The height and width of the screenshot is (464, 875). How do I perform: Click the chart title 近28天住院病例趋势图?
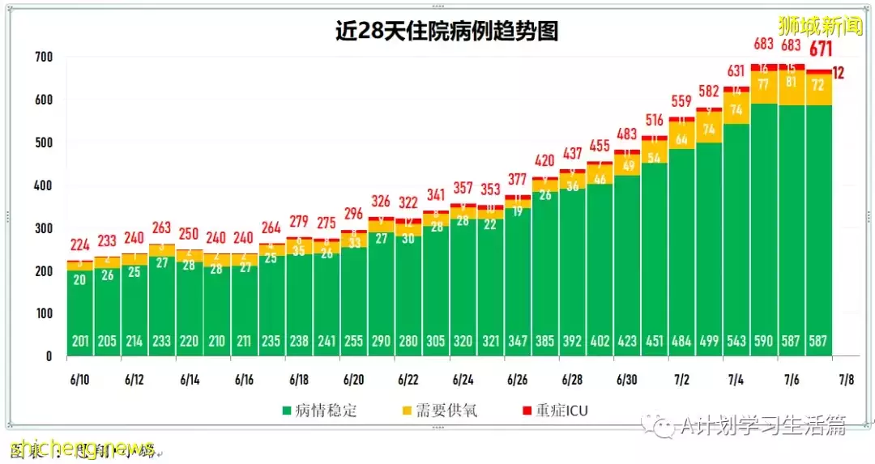click(447, 31)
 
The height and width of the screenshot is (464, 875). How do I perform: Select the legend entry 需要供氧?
click(447, 411)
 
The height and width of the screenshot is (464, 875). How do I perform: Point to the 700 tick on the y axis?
click(44, 57)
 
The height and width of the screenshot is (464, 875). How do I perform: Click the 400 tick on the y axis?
click(44, 185)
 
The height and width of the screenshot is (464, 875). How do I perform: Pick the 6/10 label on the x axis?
click(80, 379)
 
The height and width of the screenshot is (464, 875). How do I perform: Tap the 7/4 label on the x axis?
click(736, 379)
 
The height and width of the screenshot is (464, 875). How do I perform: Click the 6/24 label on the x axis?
click(463, 379)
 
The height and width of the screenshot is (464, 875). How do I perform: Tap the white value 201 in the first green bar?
click(80, 341)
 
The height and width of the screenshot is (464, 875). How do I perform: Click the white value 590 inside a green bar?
click(764, 341)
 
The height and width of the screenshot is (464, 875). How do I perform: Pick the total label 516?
click(654, 121)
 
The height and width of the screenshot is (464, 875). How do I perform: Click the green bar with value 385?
click(544, 267)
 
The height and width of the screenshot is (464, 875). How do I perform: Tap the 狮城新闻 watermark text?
click(820, 25)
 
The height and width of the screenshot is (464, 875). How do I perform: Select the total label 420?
click(544, 161)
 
